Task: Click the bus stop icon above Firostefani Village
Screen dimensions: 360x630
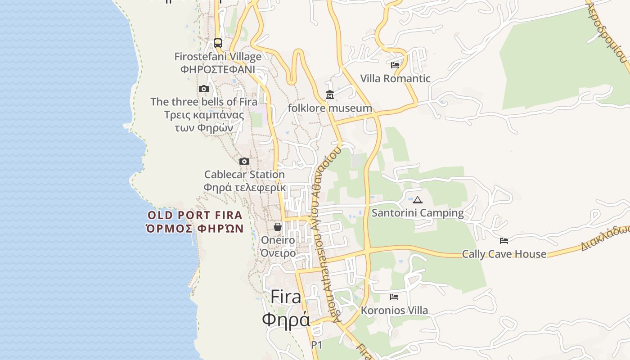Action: tap(218, 43)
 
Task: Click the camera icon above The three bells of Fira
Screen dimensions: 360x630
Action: tap(204, 89)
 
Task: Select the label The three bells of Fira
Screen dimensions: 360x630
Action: tap(204, 102)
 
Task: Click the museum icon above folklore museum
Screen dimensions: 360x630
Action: tap(330, 95)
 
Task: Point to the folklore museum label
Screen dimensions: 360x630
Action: tap(330, 108)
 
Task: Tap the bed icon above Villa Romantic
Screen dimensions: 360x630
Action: tap(395, 65)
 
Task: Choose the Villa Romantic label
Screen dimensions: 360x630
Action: tap(395, 79)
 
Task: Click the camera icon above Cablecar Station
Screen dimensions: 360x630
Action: tap(244, 162)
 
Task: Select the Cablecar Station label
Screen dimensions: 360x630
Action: tap(244, 175)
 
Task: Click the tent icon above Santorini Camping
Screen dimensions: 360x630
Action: tap(418, 200)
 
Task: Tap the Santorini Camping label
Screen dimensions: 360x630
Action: tap(418, 213)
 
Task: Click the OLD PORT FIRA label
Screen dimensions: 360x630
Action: tap(195, 216)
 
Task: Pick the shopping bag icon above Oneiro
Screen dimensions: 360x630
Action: tap(278, 227)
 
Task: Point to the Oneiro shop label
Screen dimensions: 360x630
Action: tap(278, 240)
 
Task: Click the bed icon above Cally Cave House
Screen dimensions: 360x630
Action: tap(504, 241)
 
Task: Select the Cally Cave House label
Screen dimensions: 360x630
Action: tap(504, 254)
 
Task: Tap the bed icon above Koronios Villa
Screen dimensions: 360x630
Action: tap(394, 297)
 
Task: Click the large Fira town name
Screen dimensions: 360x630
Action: tap(286, 297)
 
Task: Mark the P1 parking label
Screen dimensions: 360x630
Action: tap(317, 345)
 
